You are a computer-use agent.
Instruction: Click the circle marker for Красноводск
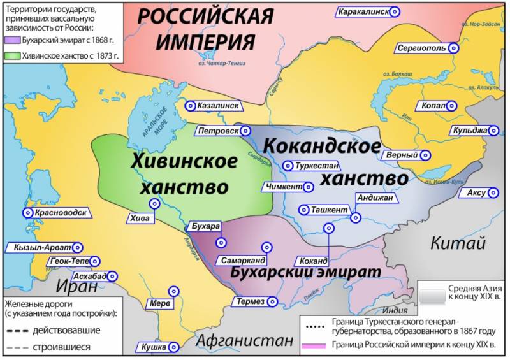[26, 213]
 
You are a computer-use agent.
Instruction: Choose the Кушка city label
[152, 347]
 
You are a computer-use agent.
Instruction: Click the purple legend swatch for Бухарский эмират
[8, 39]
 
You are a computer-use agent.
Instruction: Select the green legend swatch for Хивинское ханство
[8, 55]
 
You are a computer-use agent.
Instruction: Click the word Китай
[458, 243]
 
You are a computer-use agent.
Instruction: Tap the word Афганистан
[244, 340]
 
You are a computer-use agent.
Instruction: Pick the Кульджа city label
[469, 131]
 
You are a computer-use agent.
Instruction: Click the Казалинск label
[217, 106]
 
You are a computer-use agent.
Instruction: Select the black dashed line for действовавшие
[18, 330]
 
